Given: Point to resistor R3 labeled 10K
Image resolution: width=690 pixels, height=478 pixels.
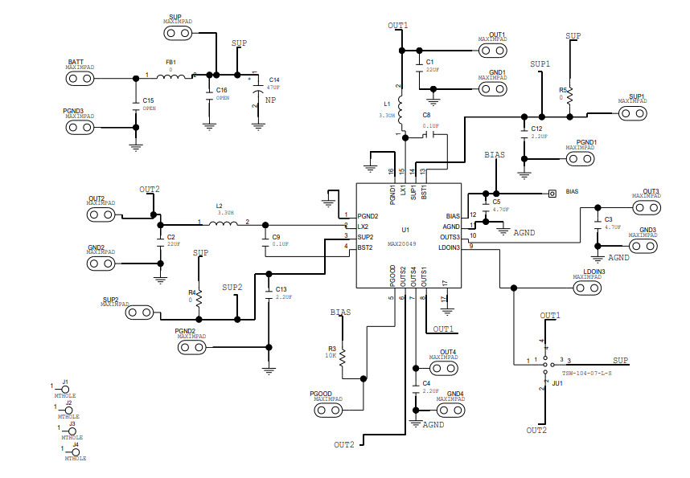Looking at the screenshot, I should [x=343, y=355].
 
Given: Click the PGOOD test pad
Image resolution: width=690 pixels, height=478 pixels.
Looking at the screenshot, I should [x=328, y=411].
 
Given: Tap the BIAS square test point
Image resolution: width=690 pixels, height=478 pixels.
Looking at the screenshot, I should [x=552, y=193].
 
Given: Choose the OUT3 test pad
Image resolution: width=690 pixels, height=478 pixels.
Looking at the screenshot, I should [x=646, y=207].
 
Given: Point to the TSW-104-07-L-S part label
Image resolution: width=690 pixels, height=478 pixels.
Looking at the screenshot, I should [x=587, y=374].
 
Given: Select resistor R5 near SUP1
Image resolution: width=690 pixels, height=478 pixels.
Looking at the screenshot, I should [x=569, y=95].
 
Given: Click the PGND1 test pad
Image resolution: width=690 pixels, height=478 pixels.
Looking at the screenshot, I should [x=580, y=158].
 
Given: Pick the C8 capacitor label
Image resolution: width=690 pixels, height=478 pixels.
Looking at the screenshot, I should [x=427, y=116].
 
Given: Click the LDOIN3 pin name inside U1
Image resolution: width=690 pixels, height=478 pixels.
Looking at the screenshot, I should [x=449, y=247].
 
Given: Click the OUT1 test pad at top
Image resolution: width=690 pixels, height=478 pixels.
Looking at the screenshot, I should [x=492, y=50].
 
